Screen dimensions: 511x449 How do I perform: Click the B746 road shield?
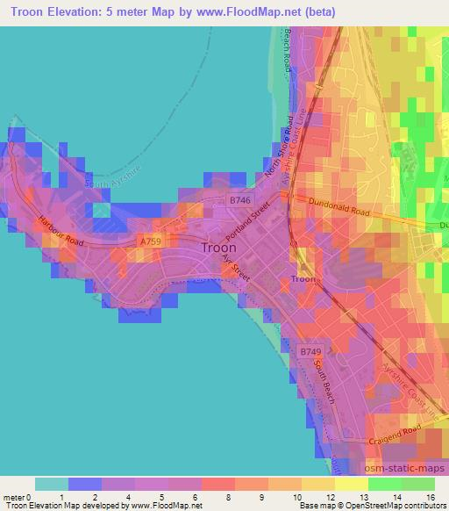pyautogui.click(x=239, y=201)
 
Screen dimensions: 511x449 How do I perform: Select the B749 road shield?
pyautogui.click(x=310, y=351)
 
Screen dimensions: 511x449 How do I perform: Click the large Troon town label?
pyautogui.click(x=218, y=248)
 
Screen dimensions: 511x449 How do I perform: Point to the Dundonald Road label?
pyautogui.click(x=337, y=210)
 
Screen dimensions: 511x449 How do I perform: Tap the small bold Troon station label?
pyautogui.click(x=303, y=279)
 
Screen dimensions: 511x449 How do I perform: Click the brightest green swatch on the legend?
pyautogui.click(x=385, y=484)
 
